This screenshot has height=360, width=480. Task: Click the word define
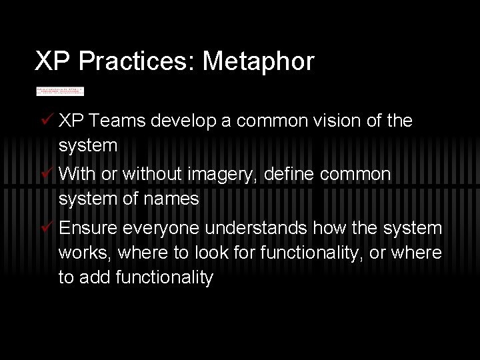click(x=287, y=175)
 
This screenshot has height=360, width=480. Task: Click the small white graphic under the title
click(x=60, y=91)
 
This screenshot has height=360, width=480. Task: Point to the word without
click(x=147, y=175)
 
